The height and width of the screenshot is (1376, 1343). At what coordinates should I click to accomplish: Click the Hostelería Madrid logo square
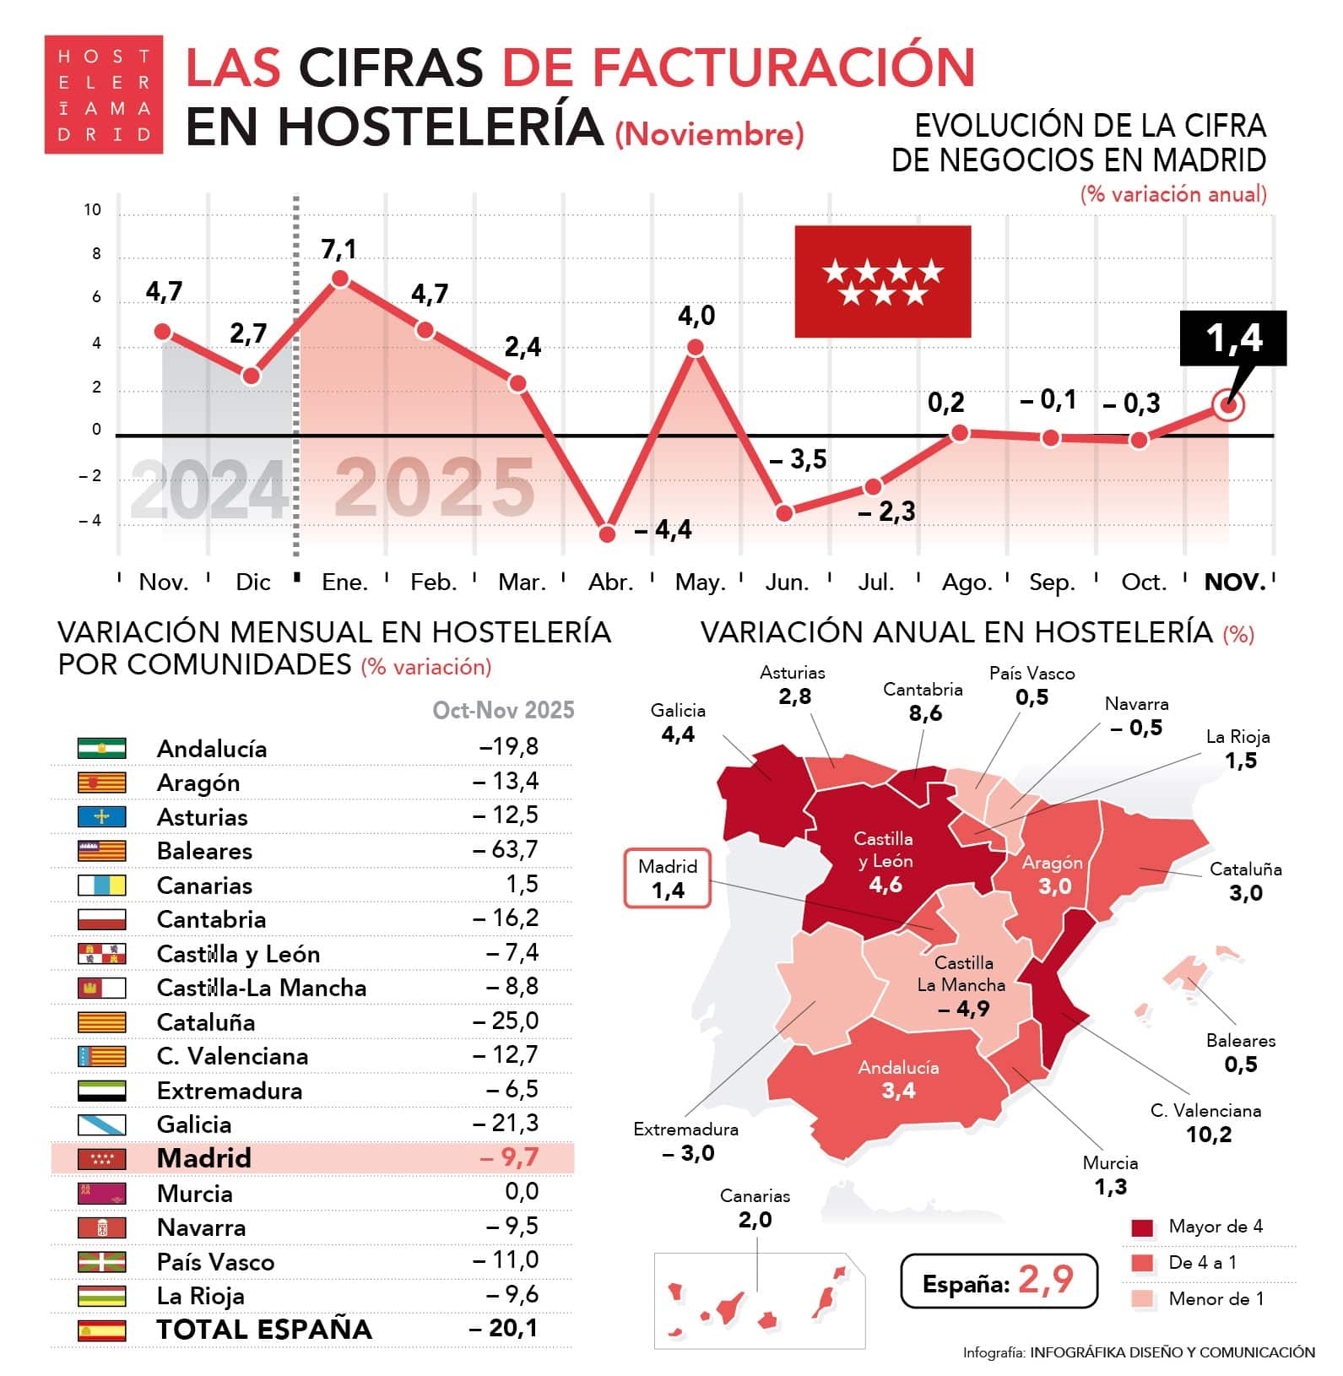pyautogui.click(x=103, y=95)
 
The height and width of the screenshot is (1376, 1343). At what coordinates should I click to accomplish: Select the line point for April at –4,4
pyautogui.click(x=607, y=534)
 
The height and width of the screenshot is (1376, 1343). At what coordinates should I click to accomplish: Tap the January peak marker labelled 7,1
pyautogui.click(x=340, y=279)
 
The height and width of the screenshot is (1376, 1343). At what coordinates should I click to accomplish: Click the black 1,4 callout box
pyautogui.click(x=1232, y=338)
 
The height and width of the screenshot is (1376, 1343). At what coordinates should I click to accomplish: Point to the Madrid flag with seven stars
pyautogui.click(x=882, y=281)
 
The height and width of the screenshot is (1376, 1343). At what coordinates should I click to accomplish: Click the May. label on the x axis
pyautogui.click(x=700, y=582)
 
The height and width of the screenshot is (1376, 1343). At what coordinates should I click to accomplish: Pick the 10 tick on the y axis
pyautogui.click(x=93, y=209)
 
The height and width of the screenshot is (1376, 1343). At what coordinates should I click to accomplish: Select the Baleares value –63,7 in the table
pyautogui.click(x=505, y=849)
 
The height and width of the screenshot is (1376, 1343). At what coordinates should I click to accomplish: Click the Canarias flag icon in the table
pyautogui.click(x=102, y=885)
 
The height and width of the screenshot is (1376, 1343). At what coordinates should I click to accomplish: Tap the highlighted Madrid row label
pyautogui.click(x=204, y=1157)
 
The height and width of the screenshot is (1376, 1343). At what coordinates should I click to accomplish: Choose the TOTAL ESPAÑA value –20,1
pyautogui.click(x=503, y=1328)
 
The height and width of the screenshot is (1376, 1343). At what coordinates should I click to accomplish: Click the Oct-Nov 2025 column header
pyautogui.click(x=503, y=710)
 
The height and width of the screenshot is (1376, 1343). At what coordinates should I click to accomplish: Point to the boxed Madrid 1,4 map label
pyautogui.click(x=668, y=879)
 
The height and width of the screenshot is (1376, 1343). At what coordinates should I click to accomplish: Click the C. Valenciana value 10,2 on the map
pyautogui.click(x=1209, y=1134)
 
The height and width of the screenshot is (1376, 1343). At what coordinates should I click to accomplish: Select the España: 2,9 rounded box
pyautogui.click(x=999, y=1281)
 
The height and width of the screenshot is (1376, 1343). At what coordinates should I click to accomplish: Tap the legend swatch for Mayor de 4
pyautogui.click(x=1141, y=1227)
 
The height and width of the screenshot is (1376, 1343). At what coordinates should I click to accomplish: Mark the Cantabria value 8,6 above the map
pyautogui.click(x=925, y=713)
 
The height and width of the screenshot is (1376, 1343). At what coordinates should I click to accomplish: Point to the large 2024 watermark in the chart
pyautogui.click(x=209, y=490)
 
